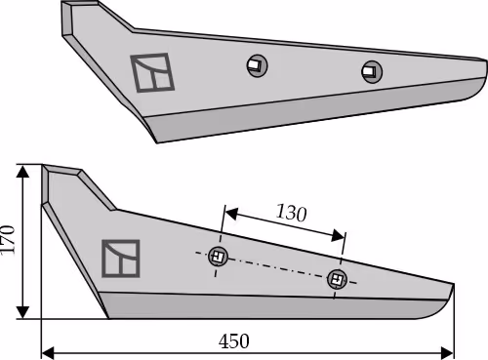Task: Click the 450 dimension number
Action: [234, 341]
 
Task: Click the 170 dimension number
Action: [8, 240]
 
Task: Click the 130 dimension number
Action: [291, 213]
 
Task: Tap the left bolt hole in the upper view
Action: [257, 65]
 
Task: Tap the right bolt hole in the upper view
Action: [372, 71]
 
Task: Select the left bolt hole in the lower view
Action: [218, 257]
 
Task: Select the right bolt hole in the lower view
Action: [337, 279]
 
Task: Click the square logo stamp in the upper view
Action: [152, 72]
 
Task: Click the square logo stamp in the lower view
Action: [121, 259]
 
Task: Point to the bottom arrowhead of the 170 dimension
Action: [22, 312]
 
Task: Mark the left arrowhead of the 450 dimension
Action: [48, 352]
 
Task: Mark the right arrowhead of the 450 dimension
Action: [447, 352]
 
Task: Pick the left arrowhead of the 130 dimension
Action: [231, 214]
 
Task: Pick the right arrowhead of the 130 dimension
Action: [338, 235]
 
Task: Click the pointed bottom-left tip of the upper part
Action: [157, 141]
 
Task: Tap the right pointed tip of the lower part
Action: [454, 285]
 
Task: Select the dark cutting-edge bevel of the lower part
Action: [270, 306]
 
